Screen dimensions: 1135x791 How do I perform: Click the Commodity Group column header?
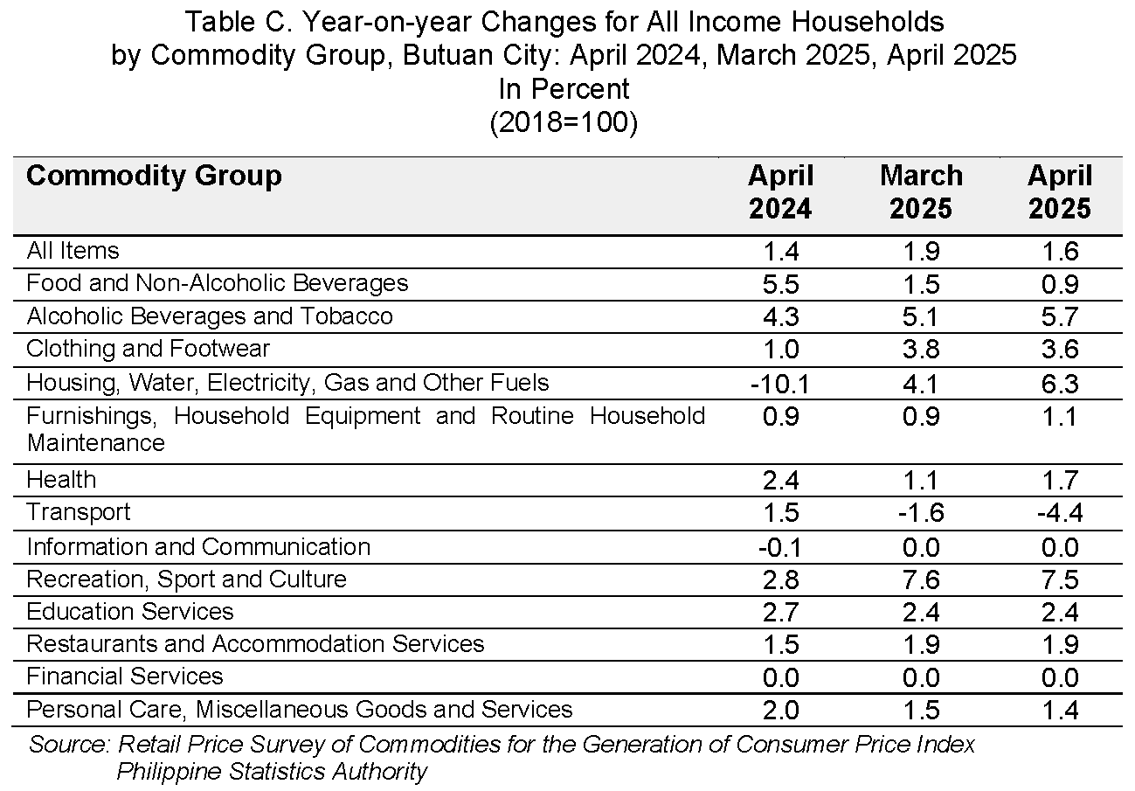coord(154,177)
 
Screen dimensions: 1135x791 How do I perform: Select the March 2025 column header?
coord(921,192)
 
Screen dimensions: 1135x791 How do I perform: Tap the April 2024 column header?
coord(781,192)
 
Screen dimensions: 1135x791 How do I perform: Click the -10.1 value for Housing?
coord(779,384)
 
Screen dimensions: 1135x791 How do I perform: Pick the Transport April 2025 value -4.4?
coord(1060,513)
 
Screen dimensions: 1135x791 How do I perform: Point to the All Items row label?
coord(73,250)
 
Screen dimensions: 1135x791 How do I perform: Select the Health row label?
coord(61,479)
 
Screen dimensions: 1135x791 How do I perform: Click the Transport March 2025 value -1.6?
coord(921,513)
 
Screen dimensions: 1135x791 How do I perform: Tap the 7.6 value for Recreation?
coord(921,579)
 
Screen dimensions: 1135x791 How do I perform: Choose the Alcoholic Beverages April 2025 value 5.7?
coord(1060,316)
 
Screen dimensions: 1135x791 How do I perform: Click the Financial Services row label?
coord(125,677)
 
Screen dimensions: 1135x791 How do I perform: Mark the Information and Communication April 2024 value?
coord(780,547)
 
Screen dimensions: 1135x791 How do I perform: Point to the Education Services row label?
coord(130,612)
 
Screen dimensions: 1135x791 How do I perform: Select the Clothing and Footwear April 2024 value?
coord(781,350)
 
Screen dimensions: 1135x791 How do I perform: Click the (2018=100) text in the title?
coord(564,122)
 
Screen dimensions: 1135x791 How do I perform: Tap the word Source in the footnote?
coord(69,745)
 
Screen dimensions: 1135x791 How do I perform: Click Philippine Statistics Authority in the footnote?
coord(273,772)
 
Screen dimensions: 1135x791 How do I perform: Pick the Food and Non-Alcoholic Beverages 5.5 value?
coord(781,284)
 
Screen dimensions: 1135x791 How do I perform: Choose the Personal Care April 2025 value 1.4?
coord(1060,710)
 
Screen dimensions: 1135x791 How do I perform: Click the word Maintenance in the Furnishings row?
coord(96,443)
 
